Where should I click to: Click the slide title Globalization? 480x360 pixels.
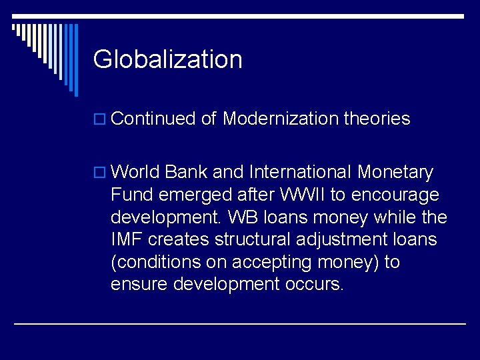coord(167,59)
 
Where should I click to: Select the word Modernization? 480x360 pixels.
coord(281,119)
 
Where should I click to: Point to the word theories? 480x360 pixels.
coord(377,119)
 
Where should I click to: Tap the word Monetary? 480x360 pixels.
coord(395,173)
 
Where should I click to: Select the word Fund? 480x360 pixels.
coord(131,195)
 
